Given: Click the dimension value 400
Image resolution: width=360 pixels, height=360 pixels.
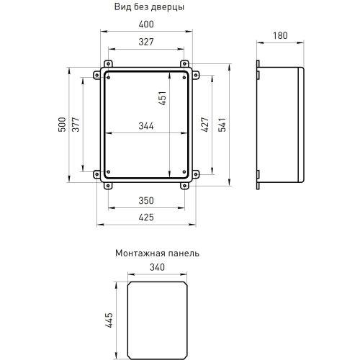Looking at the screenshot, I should click(148, 25).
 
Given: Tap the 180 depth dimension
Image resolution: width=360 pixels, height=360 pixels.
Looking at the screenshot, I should click(282, 36).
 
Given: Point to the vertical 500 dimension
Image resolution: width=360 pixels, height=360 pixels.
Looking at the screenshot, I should click(62, 123).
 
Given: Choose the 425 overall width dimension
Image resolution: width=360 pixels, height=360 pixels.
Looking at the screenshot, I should click(148, 217).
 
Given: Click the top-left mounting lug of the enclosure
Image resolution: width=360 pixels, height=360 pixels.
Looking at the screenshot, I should click(107, 63).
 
